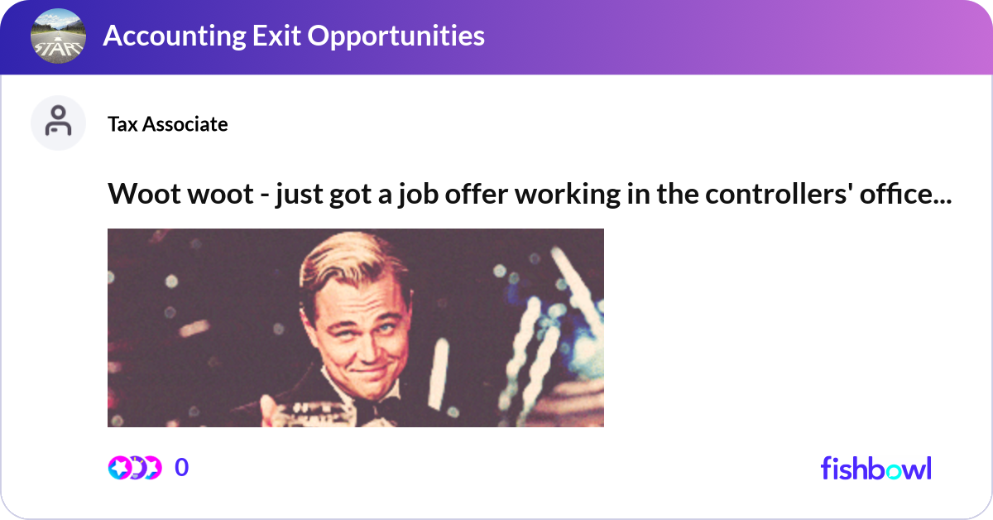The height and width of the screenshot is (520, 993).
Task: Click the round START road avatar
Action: point(58,36)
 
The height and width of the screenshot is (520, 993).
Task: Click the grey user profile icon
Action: point(58,123)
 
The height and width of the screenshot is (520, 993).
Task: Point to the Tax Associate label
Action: point(167,124)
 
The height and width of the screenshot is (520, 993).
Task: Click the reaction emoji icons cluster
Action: point(135,468)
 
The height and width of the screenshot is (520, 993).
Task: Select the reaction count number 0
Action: point(181,468)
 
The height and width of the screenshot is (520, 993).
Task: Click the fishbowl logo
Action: point(875,468)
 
